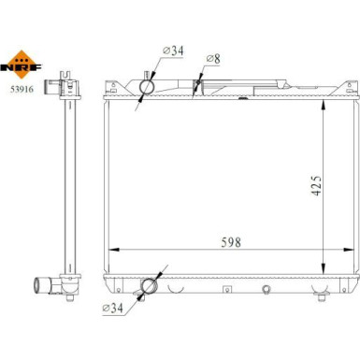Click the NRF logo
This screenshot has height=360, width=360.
[21, 65]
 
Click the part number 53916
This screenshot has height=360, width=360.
[22, 90]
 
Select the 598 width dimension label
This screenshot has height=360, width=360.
[231, 242]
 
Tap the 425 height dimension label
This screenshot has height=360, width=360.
[316, 185]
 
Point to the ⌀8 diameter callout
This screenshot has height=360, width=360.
[213, 59]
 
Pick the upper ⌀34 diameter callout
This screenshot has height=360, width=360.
[173, 50]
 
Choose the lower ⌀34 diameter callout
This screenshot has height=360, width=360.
[112, 309]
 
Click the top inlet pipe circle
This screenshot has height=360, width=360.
[147, 86]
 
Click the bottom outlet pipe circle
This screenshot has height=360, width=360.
[149, 286]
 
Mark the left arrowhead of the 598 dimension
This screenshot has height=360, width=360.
[113, 250]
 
